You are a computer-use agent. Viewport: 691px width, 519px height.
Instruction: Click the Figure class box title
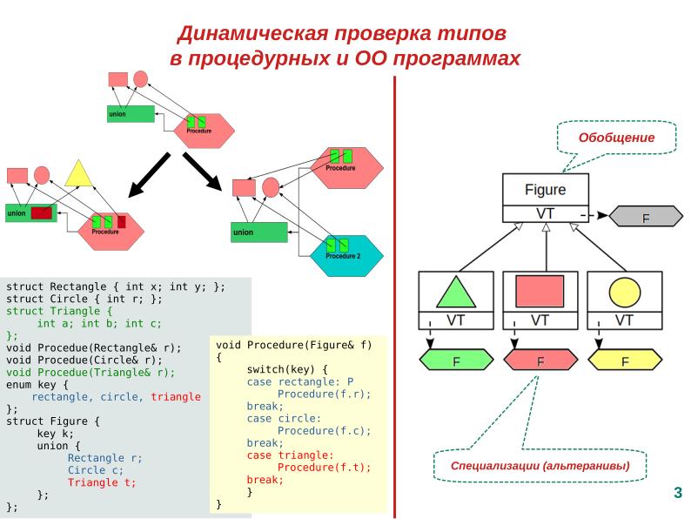[545, 189]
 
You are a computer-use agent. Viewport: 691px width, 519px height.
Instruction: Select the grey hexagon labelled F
[645, 216]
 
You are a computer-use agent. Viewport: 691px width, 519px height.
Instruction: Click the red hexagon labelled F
[540, 360]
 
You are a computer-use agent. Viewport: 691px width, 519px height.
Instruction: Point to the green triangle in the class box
[456, 292]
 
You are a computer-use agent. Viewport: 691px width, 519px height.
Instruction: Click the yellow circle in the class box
[624, 292]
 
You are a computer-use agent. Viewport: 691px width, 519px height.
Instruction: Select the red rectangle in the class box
[540, 291]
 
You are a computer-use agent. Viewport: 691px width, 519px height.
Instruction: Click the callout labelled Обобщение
[616, 138]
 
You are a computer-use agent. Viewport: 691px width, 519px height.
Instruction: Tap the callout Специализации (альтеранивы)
[540, 466]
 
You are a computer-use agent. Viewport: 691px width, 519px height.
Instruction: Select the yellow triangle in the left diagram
[78, 174]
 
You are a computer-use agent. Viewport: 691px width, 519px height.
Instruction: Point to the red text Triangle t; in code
[102, 482]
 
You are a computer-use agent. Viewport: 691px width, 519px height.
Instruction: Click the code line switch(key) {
[286, 369]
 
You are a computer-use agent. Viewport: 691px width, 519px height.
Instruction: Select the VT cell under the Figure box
[545, 212]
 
